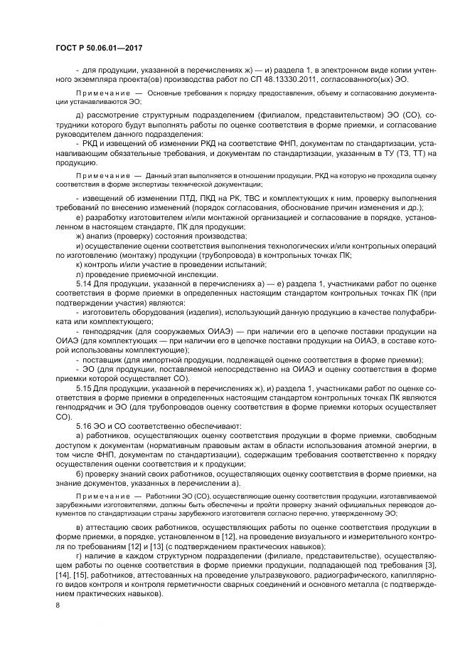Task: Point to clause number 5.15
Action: coord(82,387)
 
